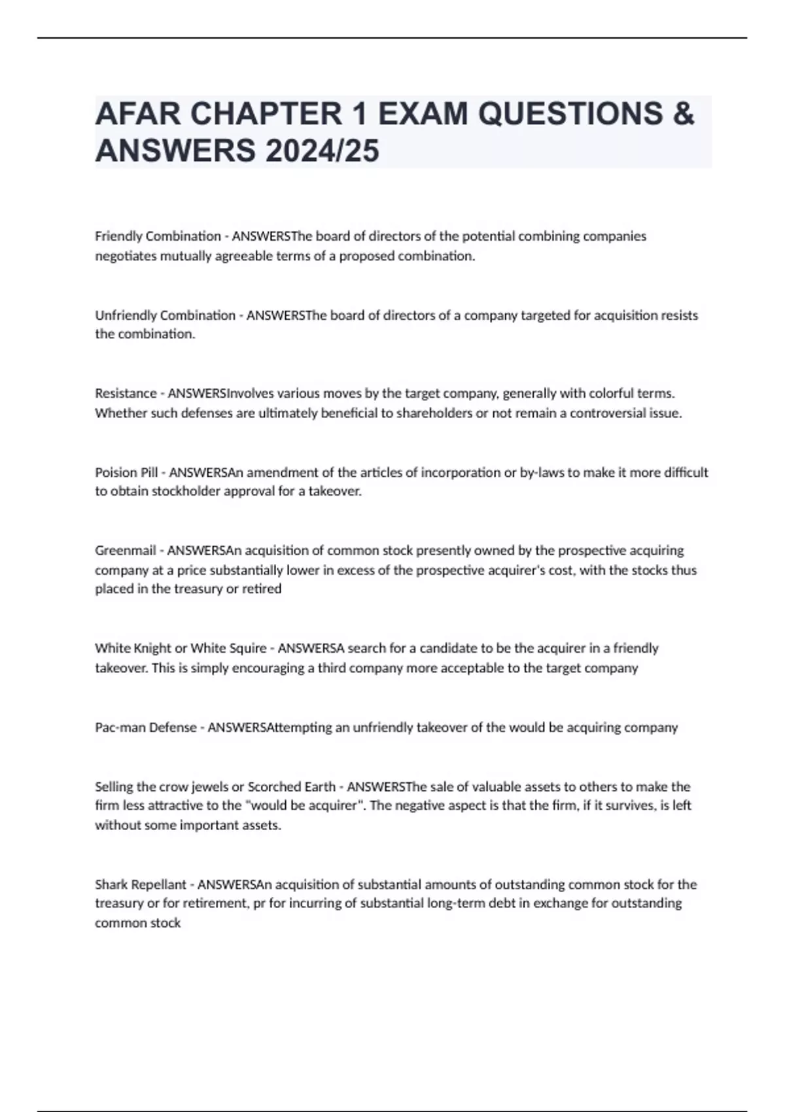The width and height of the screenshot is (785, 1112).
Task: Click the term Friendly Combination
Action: pyautogui.click(x=158, y=236)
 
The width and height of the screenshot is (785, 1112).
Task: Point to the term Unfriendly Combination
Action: pyautogui.click(x=165, y=315)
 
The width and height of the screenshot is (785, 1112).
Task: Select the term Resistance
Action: pyautogui.click(x=126, y=393)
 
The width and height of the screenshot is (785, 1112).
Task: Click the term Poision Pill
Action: pyautogui.click(x=126, y=472)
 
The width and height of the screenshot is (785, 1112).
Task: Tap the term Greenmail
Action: pyautogui.click(x=125, y=550)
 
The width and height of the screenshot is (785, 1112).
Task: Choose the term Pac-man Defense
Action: pyautogui.click(x=145, y=727)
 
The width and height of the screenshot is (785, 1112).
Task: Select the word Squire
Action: pyautogui.click(x=247, y=648)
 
